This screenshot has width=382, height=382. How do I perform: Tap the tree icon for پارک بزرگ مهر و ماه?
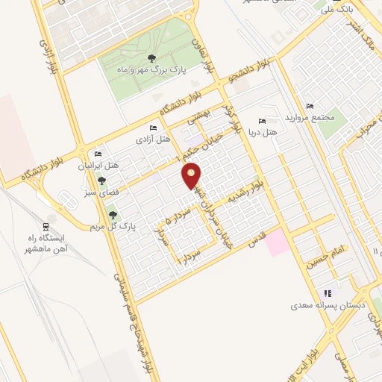point(151,57)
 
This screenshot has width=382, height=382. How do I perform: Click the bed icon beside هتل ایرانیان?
point(98,154)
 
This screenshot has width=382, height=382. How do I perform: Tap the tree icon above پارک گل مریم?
point(113,215)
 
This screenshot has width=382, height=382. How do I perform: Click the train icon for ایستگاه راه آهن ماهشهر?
point(47,227)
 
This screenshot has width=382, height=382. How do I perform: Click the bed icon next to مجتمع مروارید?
point(310,106)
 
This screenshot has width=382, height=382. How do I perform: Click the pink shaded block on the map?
point(278,243)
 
